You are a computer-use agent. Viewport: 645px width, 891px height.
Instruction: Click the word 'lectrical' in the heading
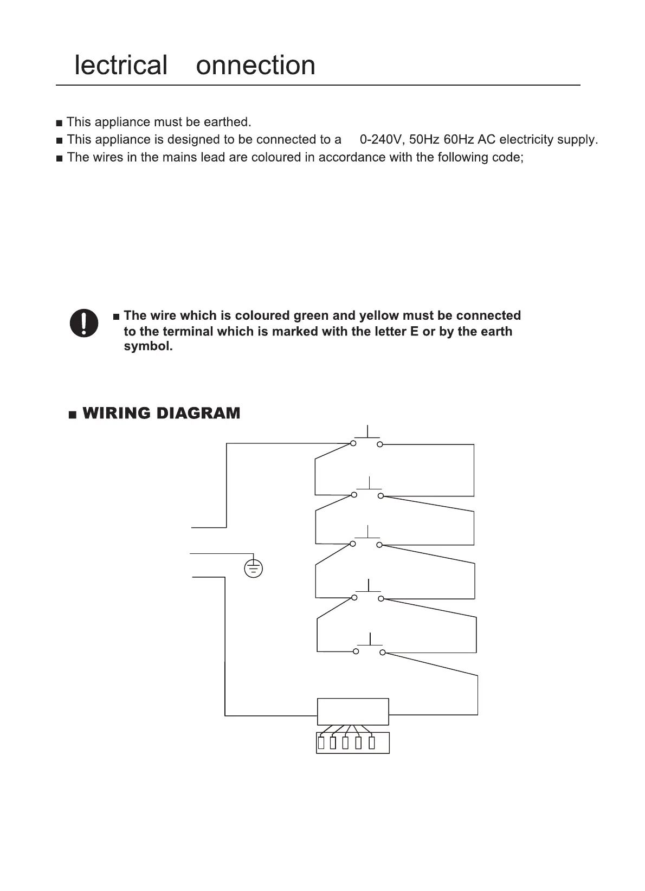point(121,65)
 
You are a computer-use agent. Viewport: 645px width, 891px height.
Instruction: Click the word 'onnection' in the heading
point(255,65)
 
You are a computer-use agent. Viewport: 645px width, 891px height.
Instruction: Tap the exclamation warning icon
point(84,324)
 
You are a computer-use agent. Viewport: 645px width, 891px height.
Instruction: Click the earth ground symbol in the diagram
point(254,568)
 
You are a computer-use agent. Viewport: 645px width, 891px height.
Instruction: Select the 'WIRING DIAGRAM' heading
point(161,414)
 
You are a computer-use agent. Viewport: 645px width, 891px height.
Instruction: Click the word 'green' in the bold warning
point(310,315)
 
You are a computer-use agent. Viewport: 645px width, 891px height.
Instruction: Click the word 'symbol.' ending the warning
point(149,346)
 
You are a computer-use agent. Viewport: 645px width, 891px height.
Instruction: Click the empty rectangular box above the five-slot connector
point(353,712)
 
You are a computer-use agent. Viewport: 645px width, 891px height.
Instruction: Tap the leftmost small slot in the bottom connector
point(321,743)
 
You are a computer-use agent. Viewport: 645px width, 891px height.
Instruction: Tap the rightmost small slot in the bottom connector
point(372,743)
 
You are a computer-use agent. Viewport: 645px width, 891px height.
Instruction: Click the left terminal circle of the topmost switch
point(353,444)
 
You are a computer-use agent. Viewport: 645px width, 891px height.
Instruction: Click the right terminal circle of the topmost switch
point(380,444)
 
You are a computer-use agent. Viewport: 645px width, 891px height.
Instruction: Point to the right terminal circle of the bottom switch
point(383,653)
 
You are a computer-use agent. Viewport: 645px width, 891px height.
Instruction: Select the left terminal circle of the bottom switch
point(356,651)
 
